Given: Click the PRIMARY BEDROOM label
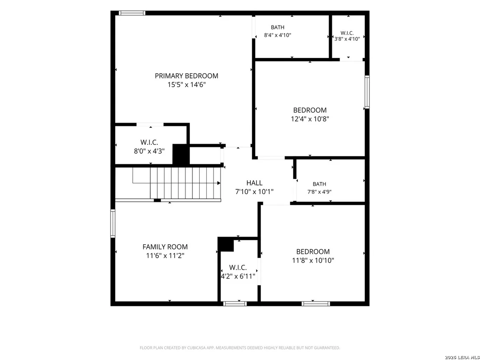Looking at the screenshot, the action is click(186, 76).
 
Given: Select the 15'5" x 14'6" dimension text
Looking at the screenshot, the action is click(186, 85).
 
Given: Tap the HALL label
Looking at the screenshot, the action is click(254, 183).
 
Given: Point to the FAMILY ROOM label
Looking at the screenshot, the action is click(165, 247).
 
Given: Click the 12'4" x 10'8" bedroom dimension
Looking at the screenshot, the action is click(310, 119).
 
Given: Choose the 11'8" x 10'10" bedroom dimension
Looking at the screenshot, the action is click(313, 260).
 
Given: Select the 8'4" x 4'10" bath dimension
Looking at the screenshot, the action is click(278, 35).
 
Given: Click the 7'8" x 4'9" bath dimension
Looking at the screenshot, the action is click(319, 192).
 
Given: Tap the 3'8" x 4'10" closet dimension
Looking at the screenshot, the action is click(347, 39).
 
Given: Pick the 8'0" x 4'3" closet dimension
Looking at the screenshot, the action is click(149, 151).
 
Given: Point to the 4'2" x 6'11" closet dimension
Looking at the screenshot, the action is click(238, 276).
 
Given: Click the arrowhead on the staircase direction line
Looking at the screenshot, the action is click(219, 183).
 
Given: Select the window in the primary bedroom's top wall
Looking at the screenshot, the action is click(132, 13).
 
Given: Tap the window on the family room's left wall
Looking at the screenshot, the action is click(113, 224).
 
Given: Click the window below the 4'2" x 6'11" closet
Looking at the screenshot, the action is click(235, 304).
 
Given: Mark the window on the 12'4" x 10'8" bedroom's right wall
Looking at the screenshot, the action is click(367, 92).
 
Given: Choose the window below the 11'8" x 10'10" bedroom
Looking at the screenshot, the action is click(316, 304).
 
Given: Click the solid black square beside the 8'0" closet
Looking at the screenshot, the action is click(181, 155).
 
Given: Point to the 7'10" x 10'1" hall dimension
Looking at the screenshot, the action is click(254, 192).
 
